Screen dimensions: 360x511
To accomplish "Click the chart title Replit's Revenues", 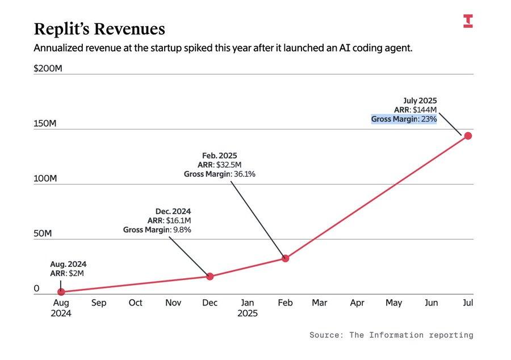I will (x=99, y=30).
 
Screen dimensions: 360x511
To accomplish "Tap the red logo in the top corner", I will (x=468, y=22).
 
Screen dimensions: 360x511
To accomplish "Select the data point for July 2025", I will (x=468, y=136).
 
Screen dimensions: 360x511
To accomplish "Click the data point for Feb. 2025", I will (x=286, y=258).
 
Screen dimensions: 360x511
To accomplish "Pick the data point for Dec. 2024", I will (x=210, y=277).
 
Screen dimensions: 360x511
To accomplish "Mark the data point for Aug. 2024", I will (x=61, y=292).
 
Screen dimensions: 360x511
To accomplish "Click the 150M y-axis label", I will (x=45, y=124).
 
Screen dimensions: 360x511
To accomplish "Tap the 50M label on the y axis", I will (x=43, y=233).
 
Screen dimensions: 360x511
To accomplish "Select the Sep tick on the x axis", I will (x=99, y=303).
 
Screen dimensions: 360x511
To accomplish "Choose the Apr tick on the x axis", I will (x=357, y=303).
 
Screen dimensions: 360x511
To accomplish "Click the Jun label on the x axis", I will (x=431, y=303).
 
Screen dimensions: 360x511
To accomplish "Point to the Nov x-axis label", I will (x=173, y=303).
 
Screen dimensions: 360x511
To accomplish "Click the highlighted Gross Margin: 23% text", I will (x=404, y=120).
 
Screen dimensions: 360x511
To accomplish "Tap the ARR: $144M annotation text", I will (x=416, y=110).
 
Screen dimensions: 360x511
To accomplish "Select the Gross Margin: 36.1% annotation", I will (x=219, y=174).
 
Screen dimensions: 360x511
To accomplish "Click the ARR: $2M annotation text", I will (x=67, y=274).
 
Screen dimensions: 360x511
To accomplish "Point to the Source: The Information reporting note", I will (x=391, y=335).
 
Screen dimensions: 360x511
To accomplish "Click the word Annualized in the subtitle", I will (x=58, y=48).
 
